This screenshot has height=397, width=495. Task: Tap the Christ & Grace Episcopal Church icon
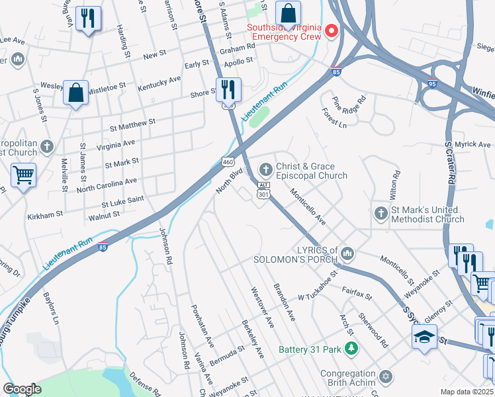point(266,170)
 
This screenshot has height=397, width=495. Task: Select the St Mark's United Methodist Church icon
point(381,213)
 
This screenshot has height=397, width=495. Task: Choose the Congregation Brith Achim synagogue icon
point(385,378)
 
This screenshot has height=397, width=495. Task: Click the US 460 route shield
point(227,161)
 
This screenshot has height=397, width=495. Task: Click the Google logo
point(22,389)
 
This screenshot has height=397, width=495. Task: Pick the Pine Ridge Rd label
point(349,104)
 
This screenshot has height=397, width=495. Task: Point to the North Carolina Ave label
point(107,185)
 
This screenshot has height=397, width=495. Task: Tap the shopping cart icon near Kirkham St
point(24,176)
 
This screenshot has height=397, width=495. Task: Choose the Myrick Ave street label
point(472,144)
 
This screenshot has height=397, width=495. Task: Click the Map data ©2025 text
point(467,392)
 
